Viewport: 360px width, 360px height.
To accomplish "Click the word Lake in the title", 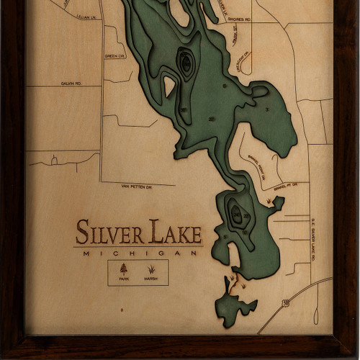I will point(176,233).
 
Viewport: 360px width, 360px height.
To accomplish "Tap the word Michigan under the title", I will point(140,253).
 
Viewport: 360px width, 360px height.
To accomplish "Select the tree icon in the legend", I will point(124,269).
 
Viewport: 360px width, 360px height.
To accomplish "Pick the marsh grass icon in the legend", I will point(151,270).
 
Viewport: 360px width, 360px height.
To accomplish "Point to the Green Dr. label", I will point(114,55).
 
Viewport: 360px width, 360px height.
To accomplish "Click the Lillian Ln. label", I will point(85,16).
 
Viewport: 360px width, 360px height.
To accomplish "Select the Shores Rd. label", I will point(241,20).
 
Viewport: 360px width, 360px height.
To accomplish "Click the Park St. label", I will point(235,35).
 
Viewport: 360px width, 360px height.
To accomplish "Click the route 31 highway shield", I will point(286,303).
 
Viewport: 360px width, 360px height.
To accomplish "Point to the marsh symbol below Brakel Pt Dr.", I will point(270,202).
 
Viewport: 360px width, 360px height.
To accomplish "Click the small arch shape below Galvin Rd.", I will point(55,160).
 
